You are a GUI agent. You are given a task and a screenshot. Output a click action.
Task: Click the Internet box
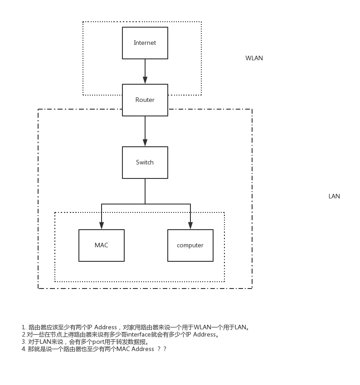(x=145, y=43)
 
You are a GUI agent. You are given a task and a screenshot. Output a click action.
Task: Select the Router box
(x=145, y=100)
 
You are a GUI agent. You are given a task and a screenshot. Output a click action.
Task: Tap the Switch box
(x=145, y=163)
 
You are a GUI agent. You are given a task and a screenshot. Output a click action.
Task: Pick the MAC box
(x=102, y=245)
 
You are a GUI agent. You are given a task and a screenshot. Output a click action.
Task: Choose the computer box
(x=190, y=245)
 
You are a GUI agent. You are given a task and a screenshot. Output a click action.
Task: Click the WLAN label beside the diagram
(x=254, y=58)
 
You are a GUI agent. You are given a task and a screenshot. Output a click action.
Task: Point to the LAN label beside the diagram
(x=334, y=196)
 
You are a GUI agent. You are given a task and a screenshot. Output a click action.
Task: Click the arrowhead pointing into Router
(x=145, y=80)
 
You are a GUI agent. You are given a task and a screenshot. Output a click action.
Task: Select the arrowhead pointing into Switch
(x=145, y=143)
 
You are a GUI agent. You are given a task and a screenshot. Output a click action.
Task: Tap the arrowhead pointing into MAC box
(x=102, y=226)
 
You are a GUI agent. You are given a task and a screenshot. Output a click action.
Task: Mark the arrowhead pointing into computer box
(x=190, y=226)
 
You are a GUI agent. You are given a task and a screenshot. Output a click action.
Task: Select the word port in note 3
(x=98, y=342)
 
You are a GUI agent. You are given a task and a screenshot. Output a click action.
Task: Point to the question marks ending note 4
(x=162, y=349)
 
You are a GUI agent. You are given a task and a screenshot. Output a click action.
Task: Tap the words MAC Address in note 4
(x=135, y=349)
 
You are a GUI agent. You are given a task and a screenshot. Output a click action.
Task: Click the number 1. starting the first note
(x=24, y=327)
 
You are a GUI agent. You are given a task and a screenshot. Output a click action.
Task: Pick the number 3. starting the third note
(x=24, y=342)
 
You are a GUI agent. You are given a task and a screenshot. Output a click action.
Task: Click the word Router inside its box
(x=145, y=100)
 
